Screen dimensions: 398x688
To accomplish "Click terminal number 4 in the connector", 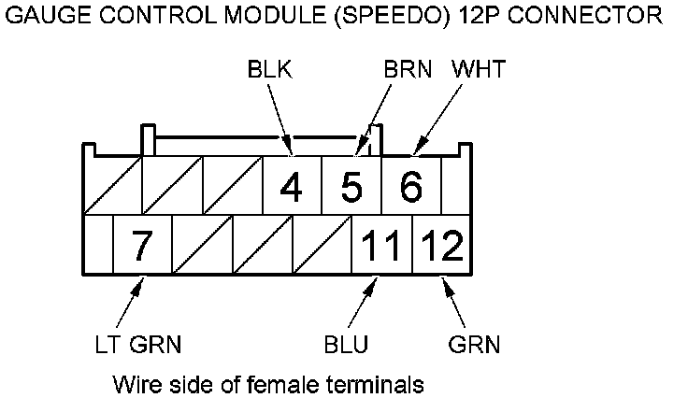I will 291,188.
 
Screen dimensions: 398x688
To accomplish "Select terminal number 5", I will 351,188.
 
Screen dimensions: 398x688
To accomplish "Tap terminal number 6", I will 410,188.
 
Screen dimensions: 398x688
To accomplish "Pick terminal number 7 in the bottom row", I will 141,247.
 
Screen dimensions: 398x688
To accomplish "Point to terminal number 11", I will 380,247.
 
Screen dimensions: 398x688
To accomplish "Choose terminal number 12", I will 441,247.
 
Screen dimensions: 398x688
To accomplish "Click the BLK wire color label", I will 270,70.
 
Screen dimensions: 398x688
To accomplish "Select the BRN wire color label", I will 407,70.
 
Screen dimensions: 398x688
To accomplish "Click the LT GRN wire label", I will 138,345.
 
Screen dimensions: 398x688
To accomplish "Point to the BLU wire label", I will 347,345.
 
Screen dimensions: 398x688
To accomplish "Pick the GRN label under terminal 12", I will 474,345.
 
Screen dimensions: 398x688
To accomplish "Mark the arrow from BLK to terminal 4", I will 280,117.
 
